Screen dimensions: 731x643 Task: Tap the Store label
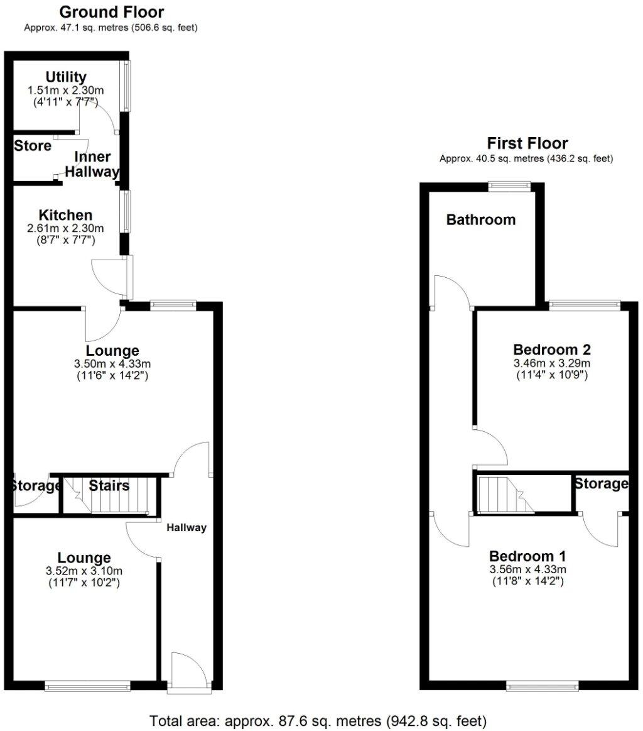(33, 146)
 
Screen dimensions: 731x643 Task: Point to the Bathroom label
(481, 219)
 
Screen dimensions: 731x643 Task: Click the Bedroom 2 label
(552, 349)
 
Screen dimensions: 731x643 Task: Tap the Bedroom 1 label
(527, 556)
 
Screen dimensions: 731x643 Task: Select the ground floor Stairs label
(109, 485)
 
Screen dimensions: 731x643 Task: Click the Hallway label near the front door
(186, 528)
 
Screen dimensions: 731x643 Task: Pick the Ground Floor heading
(111, 12)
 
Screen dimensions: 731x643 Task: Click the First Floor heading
(527, 144)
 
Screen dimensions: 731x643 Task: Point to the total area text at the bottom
(318, 720)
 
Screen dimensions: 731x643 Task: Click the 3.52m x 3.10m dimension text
(84, 571)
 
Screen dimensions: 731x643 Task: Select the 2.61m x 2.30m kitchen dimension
(65, 228)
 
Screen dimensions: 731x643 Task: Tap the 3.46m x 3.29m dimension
(552, 363)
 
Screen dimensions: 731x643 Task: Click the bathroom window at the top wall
(509, 185)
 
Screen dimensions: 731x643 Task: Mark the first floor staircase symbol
(502, 493)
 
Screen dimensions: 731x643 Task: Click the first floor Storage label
(602, 483)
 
